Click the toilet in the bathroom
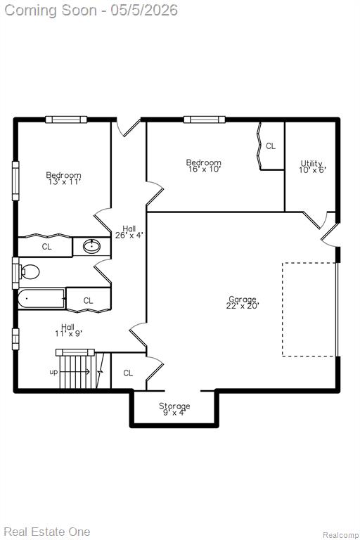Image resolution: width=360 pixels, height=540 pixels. coord(30,271)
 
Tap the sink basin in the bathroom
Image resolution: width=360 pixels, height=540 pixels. coord(91,246)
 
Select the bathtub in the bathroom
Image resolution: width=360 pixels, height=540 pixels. coord(41,298)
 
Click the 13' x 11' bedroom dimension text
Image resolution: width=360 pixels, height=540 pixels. coord(65,182)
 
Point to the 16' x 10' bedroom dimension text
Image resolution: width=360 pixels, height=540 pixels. coord(205,169)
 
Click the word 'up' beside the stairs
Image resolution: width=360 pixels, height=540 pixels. coord(53,372)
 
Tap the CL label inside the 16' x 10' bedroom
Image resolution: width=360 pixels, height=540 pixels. coord(271,146)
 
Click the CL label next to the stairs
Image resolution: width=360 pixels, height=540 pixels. coord(128,373)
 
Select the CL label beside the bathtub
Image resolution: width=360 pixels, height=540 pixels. coord(88,301)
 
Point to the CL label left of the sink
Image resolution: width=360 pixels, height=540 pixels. coord(47,247)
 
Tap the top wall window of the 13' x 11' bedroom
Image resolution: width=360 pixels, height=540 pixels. coord(66,120)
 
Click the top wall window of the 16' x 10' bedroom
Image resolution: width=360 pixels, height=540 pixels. coord(205,120)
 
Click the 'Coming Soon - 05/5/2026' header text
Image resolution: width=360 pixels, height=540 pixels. coord(91,11)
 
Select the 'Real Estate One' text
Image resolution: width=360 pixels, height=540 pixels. coord(47,531)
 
